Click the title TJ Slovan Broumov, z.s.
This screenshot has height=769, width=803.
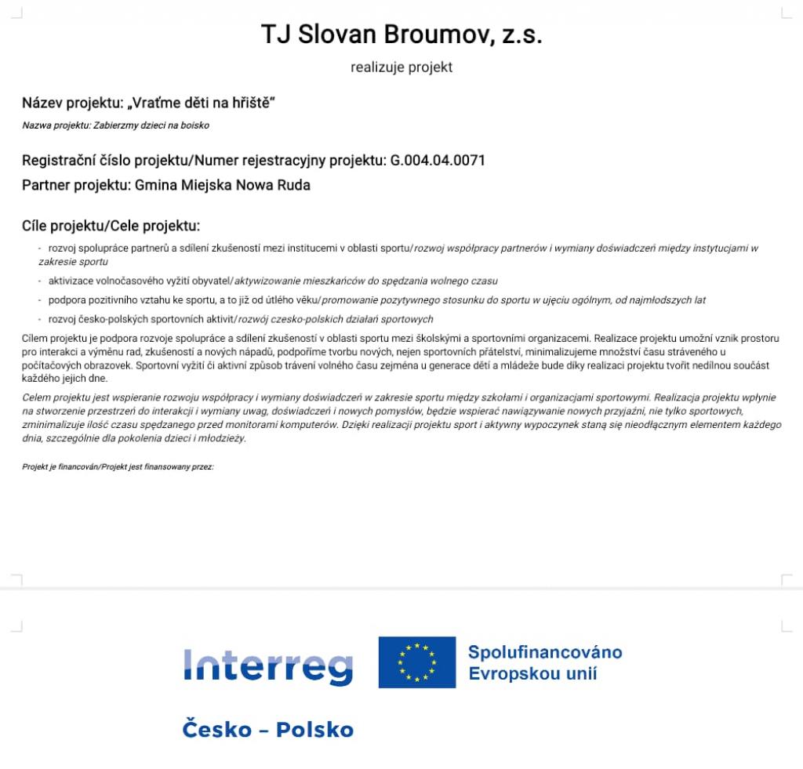401,34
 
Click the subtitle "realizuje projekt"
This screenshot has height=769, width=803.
401,67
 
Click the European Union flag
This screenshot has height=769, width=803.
416,662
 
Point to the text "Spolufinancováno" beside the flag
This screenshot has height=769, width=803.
545,652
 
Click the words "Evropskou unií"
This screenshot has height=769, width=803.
532,673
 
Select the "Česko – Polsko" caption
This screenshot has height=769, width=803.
267,730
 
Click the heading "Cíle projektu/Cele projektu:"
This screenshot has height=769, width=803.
111,227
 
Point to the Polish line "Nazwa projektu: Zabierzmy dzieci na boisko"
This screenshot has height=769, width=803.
115,125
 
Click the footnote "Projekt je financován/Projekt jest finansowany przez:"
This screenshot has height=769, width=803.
118,467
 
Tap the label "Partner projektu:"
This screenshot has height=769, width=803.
76,186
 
